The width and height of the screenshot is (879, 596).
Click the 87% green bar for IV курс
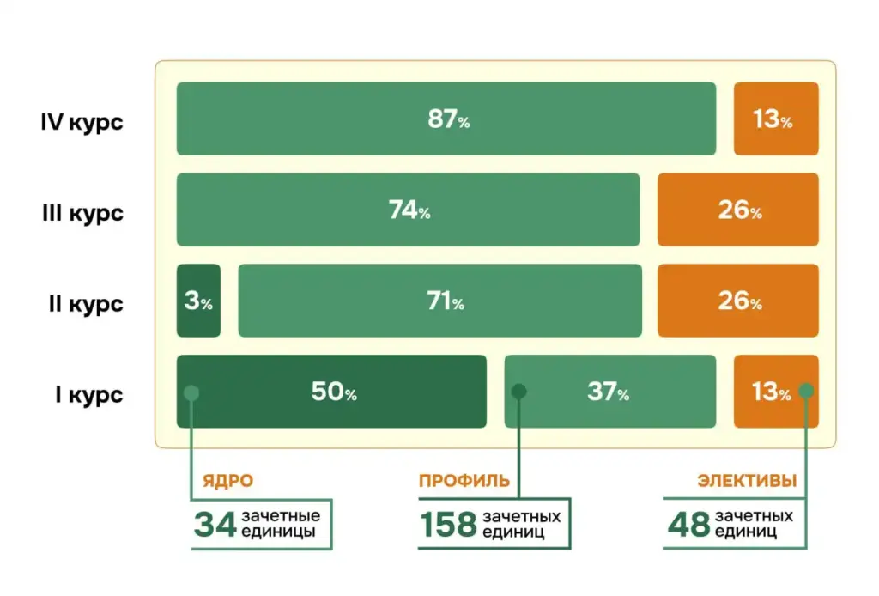point(446,119)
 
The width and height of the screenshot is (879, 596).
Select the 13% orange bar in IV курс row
point(776,119)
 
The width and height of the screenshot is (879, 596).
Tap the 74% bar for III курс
point(408,210)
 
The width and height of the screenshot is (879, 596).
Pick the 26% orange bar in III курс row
point(738,210)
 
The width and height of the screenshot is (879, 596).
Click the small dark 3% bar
point(198,301)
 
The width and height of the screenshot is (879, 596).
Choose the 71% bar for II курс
point(439,301)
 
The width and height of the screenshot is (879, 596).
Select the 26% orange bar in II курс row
point(738,301)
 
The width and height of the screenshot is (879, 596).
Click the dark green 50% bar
point(331,392)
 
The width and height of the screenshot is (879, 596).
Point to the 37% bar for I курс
point(609,392)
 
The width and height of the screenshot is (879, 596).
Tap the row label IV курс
point(82,121)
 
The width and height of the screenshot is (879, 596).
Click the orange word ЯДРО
point(227,482)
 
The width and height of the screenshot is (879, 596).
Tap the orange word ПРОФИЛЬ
point(464,482)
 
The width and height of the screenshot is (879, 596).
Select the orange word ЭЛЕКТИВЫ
point(747,482)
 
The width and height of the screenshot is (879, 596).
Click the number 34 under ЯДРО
point(215,524)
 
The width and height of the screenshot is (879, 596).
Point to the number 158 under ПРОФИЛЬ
point(447,524)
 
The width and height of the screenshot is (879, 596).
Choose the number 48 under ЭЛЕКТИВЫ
point(688,524)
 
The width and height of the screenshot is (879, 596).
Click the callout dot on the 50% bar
point(191,392)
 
